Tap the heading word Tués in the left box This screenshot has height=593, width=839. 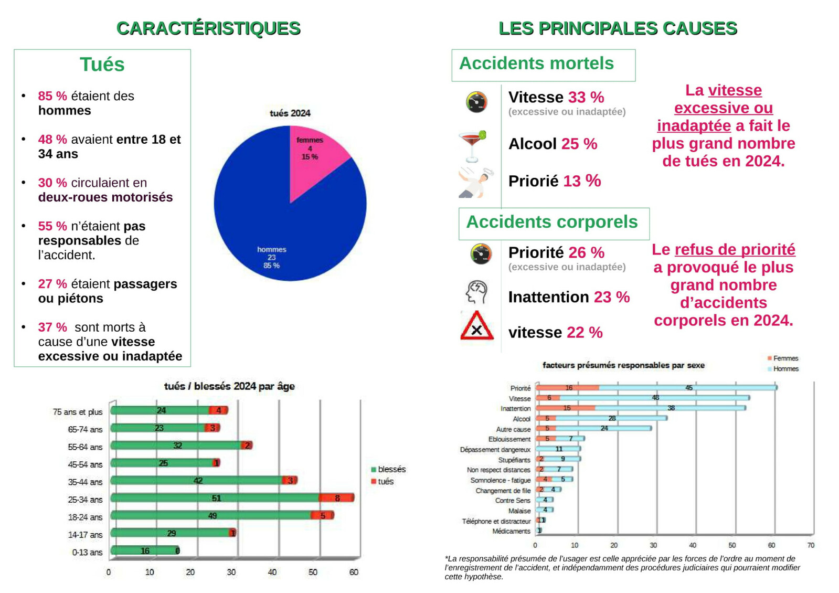tap(102, 65)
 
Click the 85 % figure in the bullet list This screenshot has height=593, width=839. tap(52, 96)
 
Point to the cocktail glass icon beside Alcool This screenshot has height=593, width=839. tap(472, 146)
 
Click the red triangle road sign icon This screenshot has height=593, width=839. tap(477, 325)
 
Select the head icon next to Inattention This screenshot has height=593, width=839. tap(476, 292)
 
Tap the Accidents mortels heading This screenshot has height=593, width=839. tap(536, 63)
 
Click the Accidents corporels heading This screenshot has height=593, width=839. tap(551, 222)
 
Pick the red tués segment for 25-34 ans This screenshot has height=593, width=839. tap(336, 498)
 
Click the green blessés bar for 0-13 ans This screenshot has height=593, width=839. tap(145, 550)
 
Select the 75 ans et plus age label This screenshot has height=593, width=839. tap(78, 412)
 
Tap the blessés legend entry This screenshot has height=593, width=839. tap(388, 469)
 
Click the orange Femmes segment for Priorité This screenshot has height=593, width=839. tap(567, 388)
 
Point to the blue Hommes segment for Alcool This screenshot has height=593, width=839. tap(611, 418)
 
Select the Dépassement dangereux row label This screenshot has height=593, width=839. tap(495, 450)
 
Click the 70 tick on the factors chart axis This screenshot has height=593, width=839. tap(811, 545)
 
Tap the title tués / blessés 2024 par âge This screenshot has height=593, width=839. tap(229, 386)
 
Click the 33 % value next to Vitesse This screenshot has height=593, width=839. tap(586, 98)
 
